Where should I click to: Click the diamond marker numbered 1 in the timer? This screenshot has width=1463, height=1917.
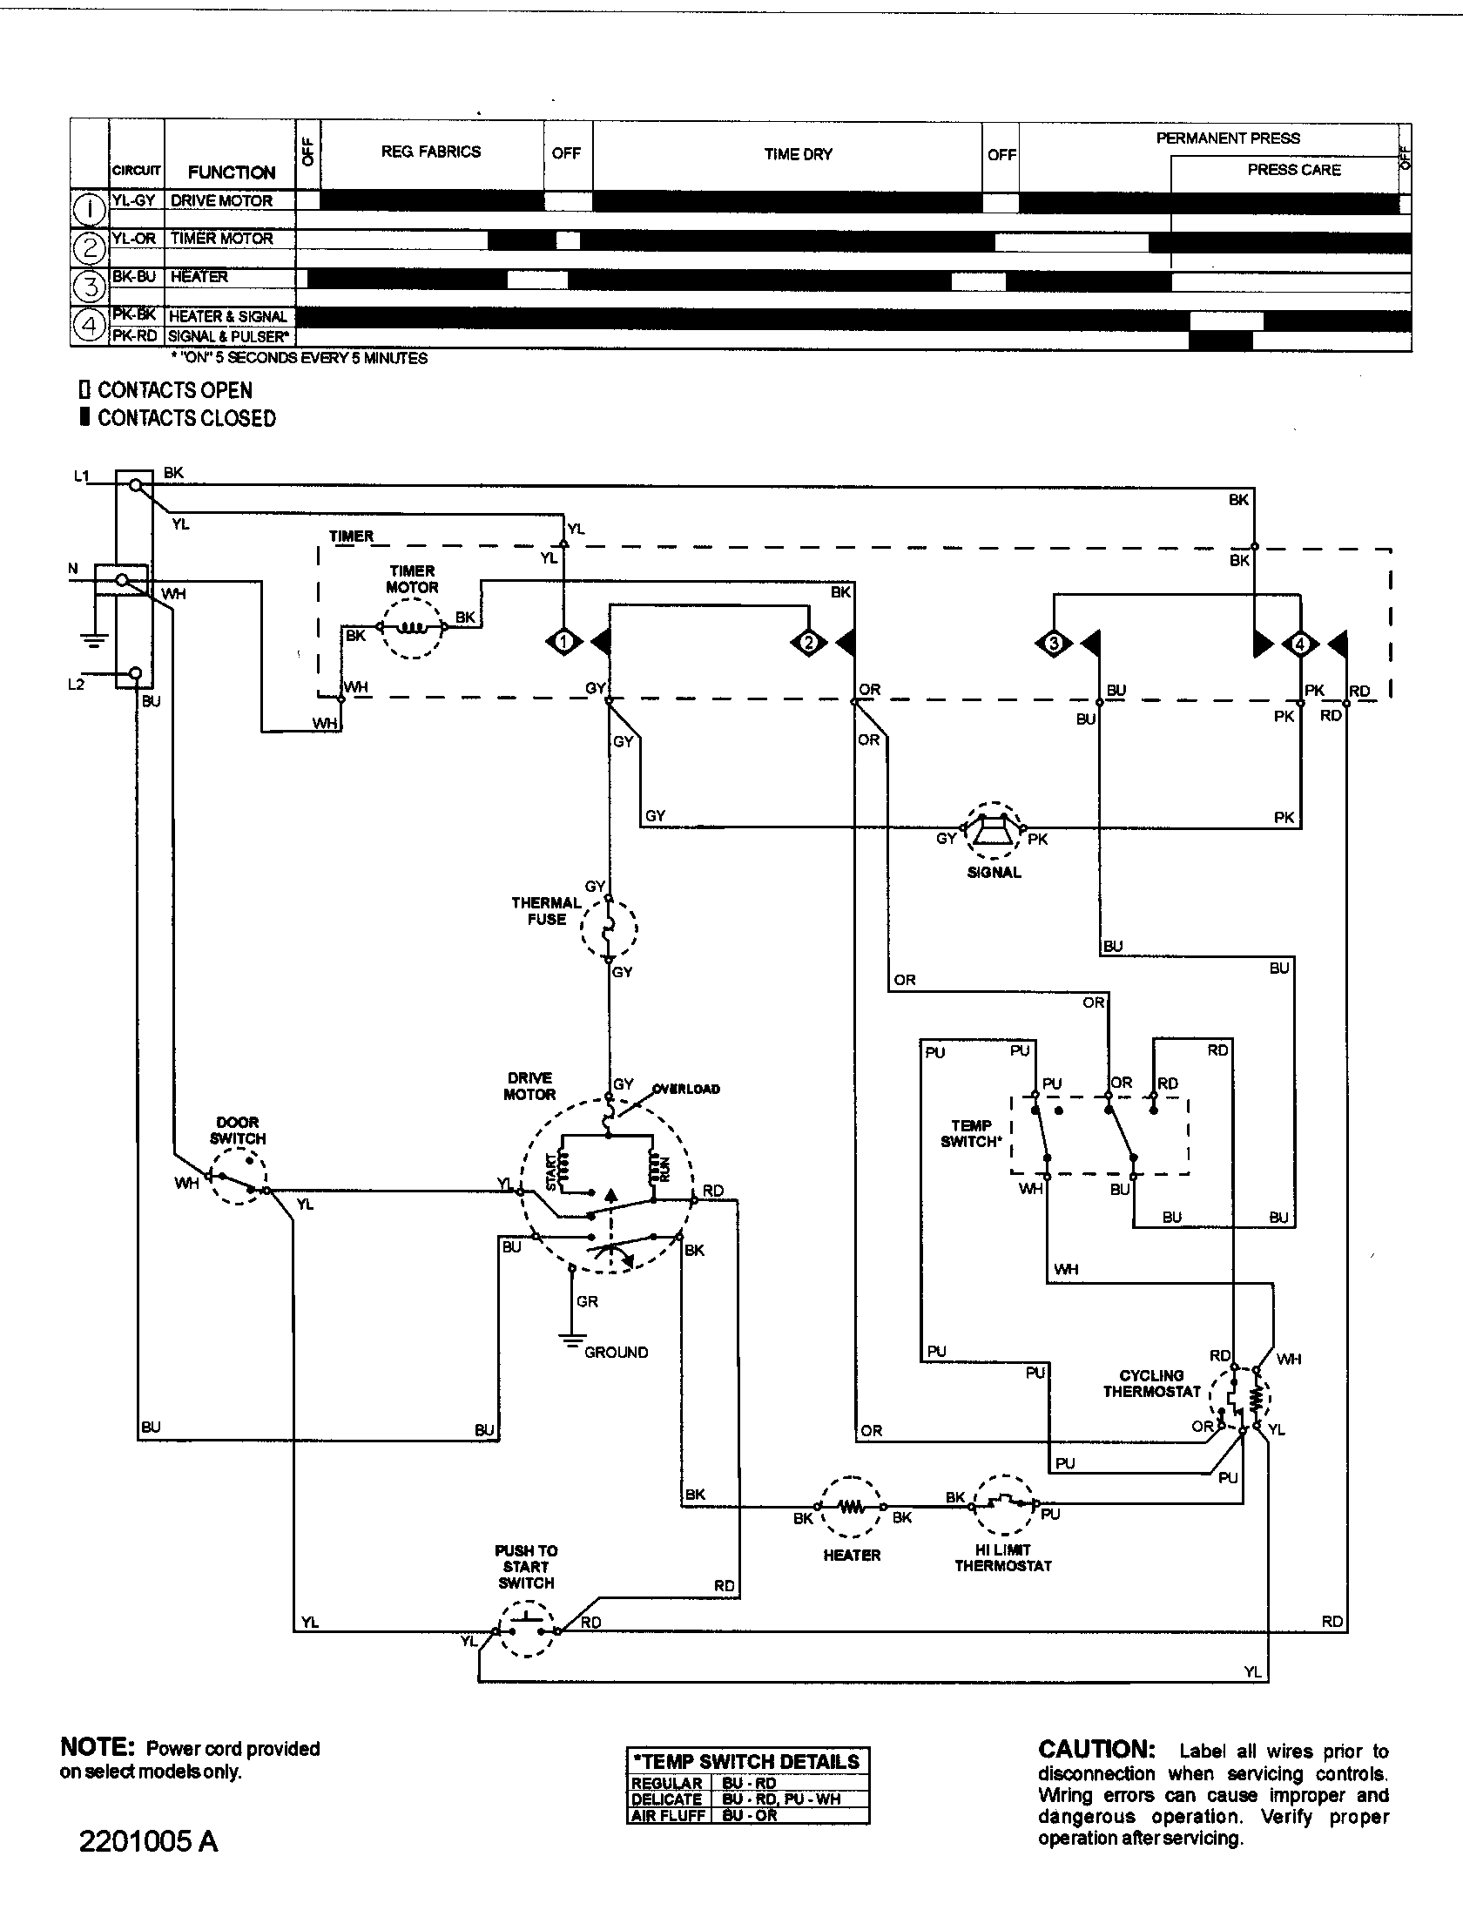click(x=563, y=644)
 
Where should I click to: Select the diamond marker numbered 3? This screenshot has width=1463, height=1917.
click(x=1054, y=645)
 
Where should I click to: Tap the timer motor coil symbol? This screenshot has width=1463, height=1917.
click(x=412, y=627)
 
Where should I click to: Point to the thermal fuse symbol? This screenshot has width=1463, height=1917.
click(x=609, y=928)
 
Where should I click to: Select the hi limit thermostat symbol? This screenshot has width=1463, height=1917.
click(x=1004, y=1504)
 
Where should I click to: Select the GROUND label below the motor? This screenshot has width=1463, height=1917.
click(x=616, y=1353)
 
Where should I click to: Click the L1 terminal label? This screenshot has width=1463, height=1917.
click(x=81, y=476)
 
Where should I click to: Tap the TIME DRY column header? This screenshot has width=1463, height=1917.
click(x=798, y=154)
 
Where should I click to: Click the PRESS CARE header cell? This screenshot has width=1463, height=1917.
click(x=1294, y=170)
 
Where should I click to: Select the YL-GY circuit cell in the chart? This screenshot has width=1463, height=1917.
click(x=134, y=200)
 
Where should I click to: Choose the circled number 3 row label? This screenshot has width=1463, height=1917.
click(x=91, y=285)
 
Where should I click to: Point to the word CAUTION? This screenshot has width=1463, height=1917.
click(x=1096, y=1750)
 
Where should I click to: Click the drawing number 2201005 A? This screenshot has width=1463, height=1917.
click(x=148, y=1843)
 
